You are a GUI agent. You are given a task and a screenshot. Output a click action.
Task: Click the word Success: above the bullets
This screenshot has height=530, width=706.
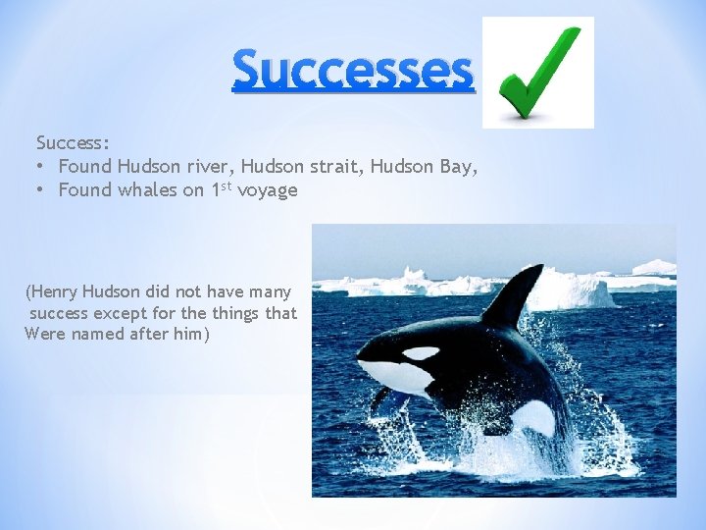click(x=73, y=143)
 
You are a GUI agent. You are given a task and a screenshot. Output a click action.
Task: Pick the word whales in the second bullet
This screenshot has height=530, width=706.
click(x=147, y=190)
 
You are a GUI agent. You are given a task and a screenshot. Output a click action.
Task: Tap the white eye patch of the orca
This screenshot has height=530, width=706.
click(x=421, y=352)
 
